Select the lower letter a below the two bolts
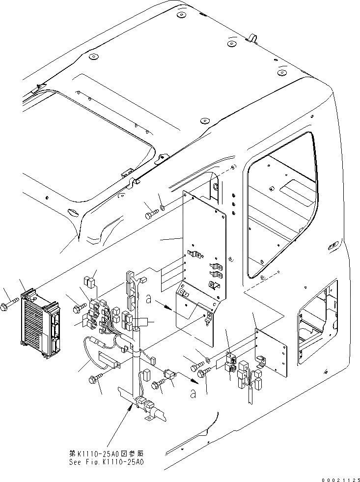click(193, 393)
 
